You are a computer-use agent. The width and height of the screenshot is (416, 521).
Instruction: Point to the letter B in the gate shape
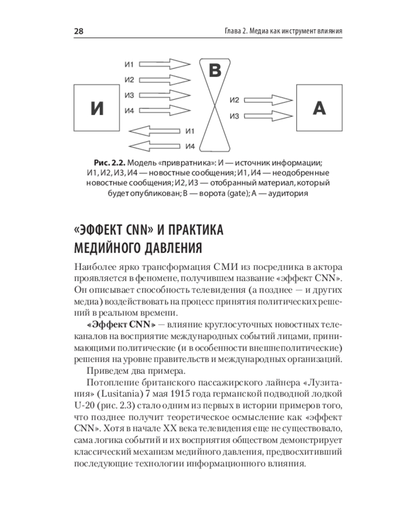pos(215,70)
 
